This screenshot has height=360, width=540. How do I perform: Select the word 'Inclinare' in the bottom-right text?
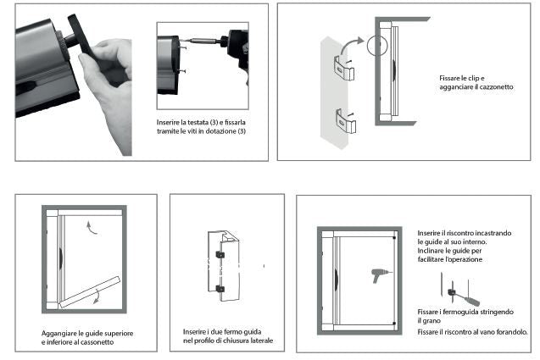click(433, 252)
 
